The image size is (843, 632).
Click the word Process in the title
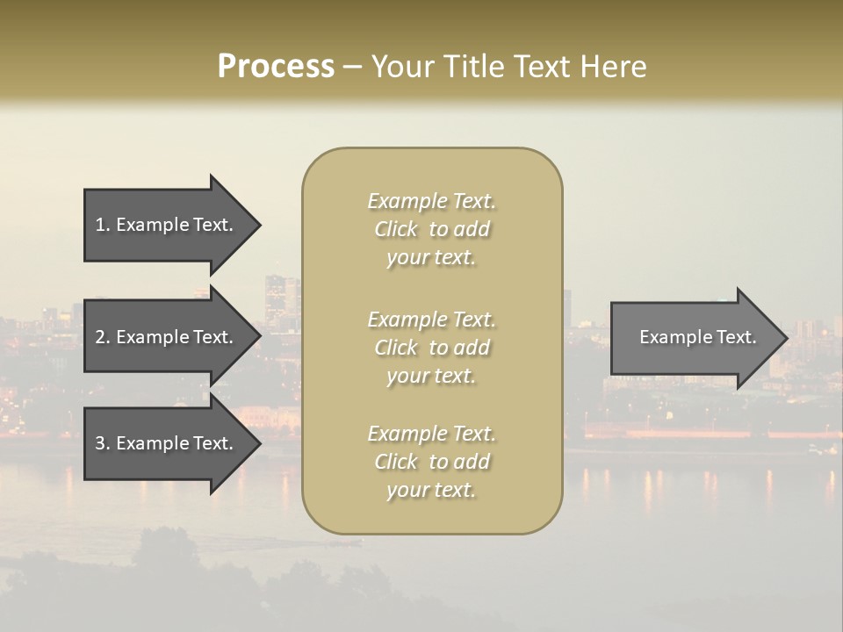click(276, 67)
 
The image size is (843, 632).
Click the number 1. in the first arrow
click(103, 225)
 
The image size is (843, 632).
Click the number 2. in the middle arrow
click(103, 337)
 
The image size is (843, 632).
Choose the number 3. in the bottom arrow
click(103, 443)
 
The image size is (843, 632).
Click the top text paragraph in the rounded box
click(431, 229)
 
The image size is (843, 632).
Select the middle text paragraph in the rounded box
click(431, 348)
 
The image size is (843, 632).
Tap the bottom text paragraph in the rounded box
click(431, 462)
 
